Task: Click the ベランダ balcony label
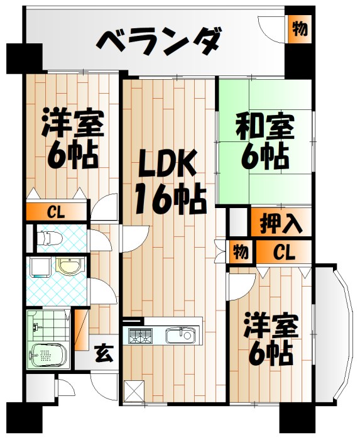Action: (x=159, y=43)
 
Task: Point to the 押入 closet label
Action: (x=281, y=223)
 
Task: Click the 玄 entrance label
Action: (x=104, y=354)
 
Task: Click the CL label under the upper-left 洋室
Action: (x=56, y=212)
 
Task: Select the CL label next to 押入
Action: (x=283, y=253)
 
